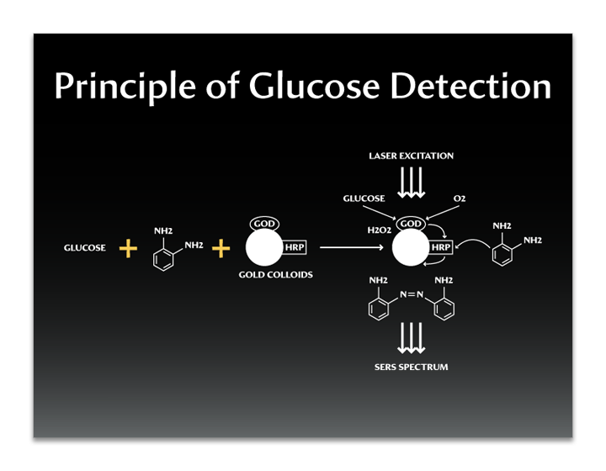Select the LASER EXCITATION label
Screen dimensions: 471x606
pos(411,156)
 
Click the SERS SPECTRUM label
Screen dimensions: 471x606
pos(411,367)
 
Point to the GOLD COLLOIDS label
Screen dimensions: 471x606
pos(276,275)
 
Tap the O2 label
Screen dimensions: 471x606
pos(460,198)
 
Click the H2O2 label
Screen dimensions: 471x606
pos(379,229)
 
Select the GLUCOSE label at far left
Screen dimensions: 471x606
pos(85,248)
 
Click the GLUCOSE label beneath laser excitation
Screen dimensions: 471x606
pos(364,198)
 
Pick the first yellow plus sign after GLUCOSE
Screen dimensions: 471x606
pos(127,248)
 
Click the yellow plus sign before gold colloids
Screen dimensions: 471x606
pos(221,248)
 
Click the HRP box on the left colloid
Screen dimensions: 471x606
pos(295,248)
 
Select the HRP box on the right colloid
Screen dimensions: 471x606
pos(441,248)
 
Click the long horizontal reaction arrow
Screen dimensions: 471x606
pos(353,248)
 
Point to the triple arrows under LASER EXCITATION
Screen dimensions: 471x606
pos(411,182)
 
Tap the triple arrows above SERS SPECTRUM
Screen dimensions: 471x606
pos(411,341)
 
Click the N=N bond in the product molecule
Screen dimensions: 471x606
pos(411,295)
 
